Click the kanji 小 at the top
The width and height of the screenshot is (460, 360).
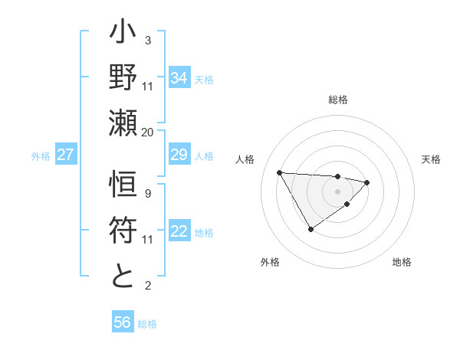pos(123,35)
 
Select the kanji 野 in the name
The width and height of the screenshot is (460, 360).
pos(123,79)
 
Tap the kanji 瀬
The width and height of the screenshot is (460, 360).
pos(123,124)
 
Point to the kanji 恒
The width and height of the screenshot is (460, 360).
pos(123,187)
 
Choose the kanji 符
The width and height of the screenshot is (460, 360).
pos(123,231)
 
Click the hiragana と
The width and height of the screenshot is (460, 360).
pos(123,276)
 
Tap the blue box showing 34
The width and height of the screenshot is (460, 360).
pos(179,77)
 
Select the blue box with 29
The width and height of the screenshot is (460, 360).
pos(179,155)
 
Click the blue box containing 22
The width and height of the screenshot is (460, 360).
pos(179,232)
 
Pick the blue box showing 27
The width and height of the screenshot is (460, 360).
pos(66,155)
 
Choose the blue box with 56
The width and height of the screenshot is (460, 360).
pos(123,322)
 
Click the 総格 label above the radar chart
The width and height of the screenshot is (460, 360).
pos(337,100)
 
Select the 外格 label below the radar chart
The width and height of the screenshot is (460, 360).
pos(270,262)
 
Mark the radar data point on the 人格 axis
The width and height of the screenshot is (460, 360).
pos(279,172)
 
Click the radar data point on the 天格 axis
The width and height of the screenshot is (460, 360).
pos(367,182)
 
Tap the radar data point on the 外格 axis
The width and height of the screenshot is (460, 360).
pos(310,228)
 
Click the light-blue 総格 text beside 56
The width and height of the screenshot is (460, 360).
pos(147,324)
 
